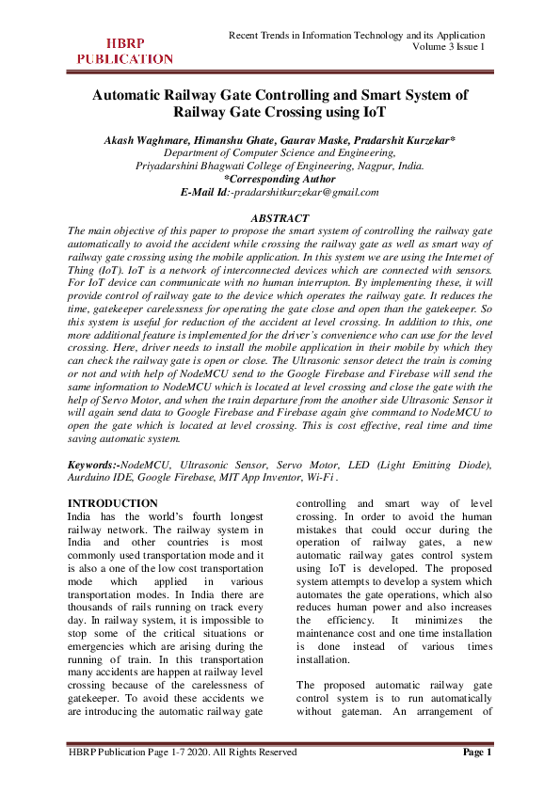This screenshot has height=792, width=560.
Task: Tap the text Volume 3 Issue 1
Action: (449, 47)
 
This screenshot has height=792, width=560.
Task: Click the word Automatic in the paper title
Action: (131, 95)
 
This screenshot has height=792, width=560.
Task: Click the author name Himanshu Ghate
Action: (237, 139)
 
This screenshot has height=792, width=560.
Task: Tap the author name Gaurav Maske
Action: (317, 139)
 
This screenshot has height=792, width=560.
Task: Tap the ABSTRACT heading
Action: (279, 218)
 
